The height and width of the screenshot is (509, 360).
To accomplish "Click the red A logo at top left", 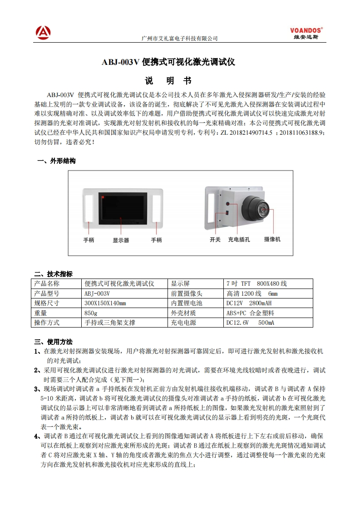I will (43, 32).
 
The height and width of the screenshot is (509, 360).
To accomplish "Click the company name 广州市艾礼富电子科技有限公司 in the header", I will (180, 39).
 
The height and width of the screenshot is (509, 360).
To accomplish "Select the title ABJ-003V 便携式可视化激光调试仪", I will (168, 63).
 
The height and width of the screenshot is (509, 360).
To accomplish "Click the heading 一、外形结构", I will (56, 161).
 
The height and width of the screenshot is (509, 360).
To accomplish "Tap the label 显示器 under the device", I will (121, 240).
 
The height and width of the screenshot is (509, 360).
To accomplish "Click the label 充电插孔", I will (239, 239).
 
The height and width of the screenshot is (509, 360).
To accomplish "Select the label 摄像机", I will (272, 239).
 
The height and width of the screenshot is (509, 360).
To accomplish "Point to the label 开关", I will (215, 239).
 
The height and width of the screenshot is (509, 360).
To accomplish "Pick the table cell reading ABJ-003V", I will (98, 294).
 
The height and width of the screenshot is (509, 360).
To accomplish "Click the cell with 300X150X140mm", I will (105, 303).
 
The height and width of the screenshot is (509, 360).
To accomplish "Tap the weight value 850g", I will (91, 313).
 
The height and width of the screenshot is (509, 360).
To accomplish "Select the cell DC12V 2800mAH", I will (249, 303).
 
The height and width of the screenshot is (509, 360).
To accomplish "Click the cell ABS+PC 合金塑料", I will (250, 313).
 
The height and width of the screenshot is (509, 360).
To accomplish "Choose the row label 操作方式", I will (47, 323).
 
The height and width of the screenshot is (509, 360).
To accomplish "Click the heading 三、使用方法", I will (54, 342).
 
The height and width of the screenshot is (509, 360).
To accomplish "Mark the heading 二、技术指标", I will (54, 274).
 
